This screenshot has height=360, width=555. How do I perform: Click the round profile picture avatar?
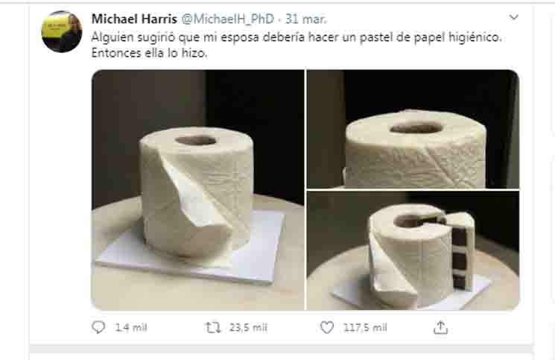[x=62, y=31]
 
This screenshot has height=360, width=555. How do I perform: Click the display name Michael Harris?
[x=134, y=19]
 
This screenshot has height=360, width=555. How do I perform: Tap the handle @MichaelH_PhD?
[x=228, y=19]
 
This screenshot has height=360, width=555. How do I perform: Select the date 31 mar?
[x=306, y=19]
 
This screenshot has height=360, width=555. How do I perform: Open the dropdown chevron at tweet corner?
[x=513, y=16]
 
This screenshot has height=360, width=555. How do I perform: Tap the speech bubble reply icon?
[x=98, y=327]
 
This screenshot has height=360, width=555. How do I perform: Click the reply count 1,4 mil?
[x=131, y=327]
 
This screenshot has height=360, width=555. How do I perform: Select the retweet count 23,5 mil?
[x=248, y=327]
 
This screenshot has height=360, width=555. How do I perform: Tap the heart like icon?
[x=327, y=327]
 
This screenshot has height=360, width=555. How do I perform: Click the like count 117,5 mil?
[x=365, y=327]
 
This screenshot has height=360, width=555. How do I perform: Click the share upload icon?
[x=440, y=327]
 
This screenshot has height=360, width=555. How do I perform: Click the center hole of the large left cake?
[x=195, y=140]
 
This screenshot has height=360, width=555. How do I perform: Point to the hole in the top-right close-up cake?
[x=416, y=127]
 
